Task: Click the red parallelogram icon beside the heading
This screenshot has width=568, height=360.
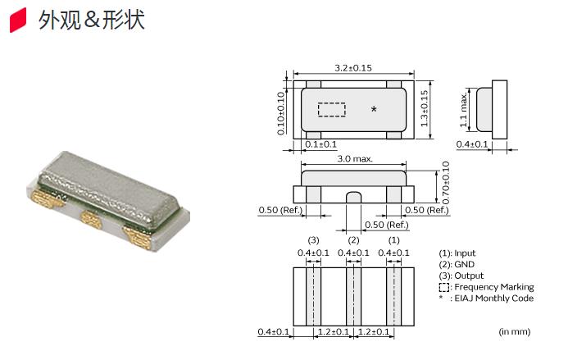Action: coord(18,20)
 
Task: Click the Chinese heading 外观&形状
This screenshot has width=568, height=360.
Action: coord(92,20)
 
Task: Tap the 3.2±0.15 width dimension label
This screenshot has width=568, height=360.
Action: coord(353,68)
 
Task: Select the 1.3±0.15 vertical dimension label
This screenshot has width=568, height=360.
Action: coord(425,108)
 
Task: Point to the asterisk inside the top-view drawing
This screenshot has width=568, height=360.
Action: coord(375,109)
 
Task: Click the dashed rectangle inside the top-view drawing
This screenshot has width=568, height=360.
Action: coord(331,110)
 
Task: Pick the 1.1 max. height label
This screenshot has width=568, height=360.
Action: coord(463,110)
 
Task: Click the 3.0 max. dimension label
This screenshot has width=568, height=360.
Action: coord(355,159)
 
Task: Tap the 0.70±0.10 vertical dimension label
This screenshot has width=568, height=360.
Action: coord(446,183)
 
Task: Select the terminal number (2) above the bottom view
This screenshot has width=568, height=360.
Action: coord(353,240)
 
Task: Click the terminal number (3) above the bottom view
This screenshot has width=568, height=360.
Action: coord(313,240)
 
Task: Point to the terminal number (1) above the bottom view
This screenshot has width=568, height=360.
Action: coord(393,240)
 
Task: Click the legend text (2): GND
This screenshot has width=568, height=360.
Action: coord(457,264)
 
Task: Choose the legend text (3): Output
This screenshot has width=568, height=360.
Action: coord(461,276)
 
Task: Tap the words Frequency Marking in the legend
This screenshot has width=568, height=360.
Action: coord(494,287)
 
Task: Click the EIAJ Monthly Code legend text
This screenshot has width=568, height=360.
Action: coord(494,298)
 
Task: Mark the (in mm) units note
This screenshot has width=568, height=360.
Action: coord(515,331)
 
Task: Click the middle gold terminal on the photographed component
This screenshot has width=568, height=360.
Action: coord(91,219)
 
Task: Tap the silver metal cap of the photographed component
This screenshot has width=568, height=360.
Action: coord(109,189)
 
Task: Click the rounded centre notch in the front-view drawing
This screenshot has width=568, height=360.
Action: coord(353,197)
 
